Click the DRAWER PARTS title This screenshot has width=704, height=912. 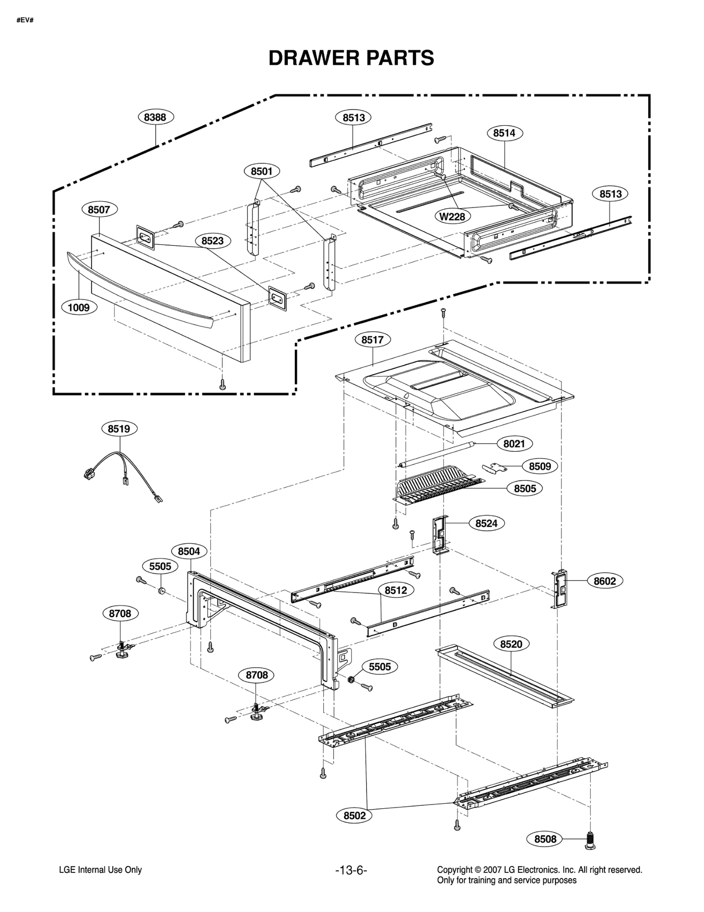click(351, 58)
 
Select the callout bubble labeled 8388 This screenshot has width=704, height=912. click(155, 117)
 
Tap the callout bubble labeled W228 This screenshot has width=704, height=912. click(452, 216)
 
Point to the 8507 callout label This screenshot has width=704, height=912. click(99, 209)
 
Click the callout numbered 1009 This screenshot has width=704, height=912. click(79, 307)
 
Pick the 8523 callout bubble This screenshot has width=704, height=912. click(213, 241)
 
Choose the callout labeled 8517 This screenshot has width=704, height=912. click(373, 340)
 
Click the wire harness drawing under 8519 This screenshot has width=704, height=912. click(121, 473)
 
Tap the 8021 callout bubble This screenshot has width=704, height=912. click(514, 443)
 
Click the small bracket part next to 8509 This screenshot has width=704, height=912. click(494, 468)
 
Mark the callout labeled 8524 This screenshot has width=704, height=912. click(486, 523)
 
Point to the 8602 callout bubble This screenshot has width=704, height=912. click(605, 581)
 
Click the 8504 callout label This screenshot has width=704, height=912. click(189, 551)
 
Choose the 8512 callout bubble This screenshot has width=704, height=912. click(396, 590)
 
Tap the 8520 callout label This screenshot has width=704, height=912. click(511, 644)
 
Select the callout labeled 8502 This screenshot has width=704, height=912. click(355, 815)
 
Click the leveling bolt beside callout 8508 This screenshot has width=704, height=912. click(590, 839)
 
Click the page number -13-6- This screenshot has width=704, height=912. click(351, 870)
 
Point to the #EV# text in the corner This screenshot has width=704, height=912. click(25, 21)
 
